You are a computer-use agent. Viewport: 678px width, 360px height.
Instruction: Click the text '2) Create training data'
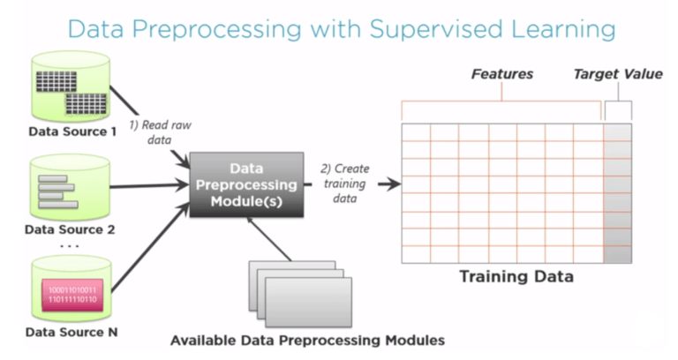tap(345, 184)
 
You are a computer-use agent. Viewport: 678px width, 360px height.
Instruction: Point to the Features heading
tap(501, 74)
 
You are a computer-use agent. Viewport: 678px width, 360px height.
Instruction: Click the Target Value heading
tap(618, 74)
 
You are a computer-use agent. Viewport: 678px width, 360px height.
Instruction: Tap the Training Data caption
tap(516, 277)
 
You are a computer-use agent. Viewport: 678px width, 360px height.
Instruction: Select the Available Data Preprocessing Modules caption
tap(307, 340)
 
